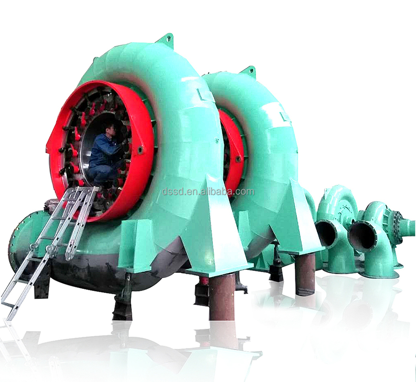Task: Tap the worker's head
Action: pos(111,129)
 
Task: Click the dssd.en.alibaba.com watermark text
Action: pos(208,191)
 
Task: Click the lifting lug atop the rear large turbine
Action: pos(249,71)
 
